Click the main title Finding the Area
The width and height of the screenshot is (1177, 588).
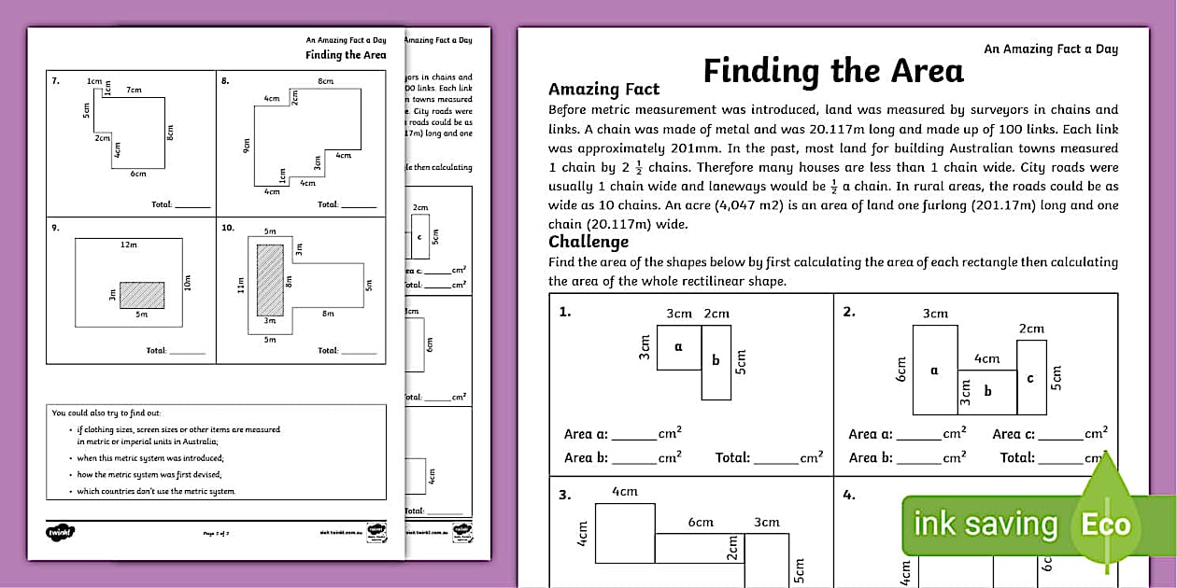832,71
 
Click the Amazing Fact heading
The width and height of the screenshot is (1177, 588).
603,90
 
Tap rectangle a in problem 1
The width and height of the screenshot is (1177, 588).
679,347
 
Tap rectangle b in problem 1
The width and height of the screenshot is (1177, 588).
716,361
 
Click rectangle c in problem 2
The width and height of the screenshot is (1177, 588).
1031,377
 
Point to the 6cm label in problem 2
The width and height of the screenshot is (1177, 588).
901,369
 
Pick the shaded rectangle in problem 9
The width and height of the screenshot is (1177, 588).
142,295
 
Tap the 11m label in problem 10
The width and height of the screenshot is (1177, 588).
240,284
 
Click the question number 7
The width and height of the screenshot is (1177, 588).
56,81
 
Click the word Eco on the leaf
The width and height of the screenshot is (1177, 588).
1106,525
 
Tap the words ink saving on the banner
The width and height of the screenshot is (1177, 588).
985,525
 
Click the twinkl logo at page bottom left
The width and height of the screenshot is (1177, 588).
61,533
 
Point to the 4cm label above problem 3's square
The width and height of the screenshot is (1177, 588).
624,492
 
